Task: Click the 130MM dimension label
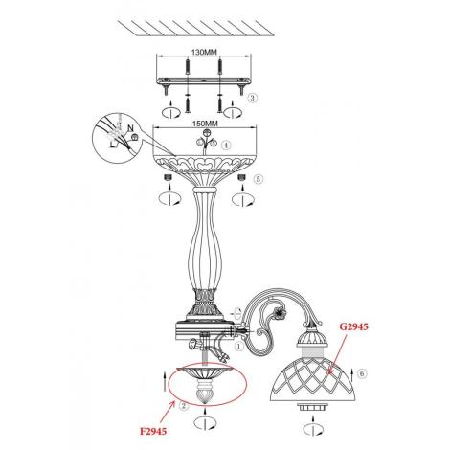[204, 52]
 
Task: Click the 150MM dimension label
[205, 124]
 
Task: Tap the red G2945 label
[353, 326]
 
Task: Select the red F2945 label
[153, 431]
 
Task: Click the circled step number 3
[253, 98]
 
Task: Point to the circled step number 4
[226, 146]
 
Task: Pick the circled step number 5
[259, 179]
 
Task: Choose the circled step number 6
[362, 373]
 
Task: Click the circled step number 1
[238, 346]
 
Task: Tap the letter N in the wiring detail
[130, 128]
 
